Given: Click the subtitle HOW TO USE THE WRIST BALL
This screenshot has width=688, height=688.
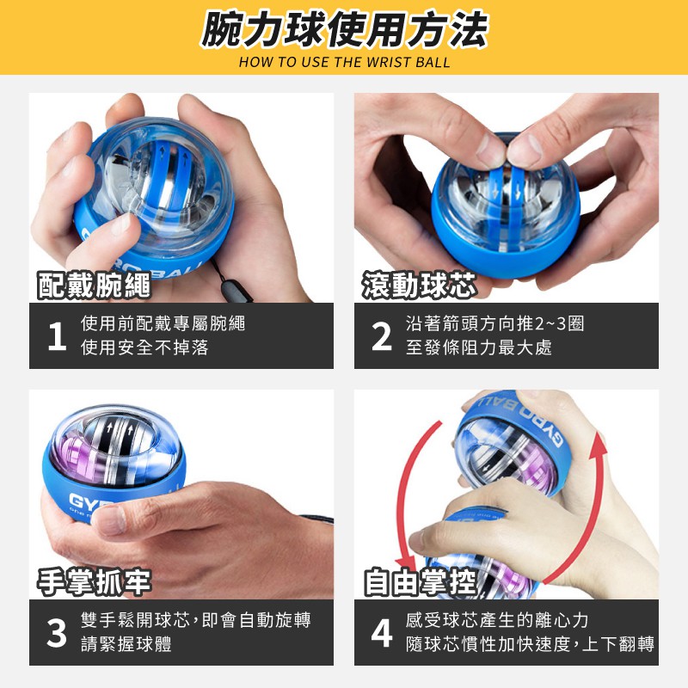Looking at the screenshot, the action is [x=345, y=62].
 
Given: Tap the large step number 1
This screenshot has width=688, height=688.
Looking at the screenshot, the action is [x=57, y=336].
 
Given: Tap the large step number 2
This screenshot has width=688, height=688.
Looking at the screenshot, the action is [x=381, y=336].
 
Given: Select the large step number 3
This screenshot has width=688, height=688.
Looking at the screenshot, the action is [x=57, y=633].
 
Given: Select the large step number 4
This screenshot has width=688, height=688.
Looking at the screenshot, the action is [x=382, y=633].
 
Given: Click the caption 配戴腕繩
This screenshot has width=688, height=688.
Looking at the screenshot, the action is [x=94, y=286].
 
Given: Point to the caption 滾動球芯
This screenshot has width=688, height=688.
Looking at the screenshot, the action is [x=420, y=286].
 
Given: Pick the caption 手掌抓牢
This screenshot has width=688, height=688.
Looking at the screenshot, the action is [x=94, y=582].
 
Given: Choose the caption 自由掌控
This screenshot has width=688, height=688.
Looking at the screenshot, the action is [x=420, y=582].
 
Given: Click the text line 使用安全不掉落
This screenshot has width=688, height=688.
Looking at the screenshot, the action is [x=144, y=347].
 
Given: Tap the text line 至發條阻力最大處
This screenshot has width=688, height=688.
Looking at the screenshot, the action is [x=479, y=347].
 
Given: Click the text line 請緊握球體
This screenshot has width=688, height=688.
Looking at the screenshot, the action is [x=126, y=644].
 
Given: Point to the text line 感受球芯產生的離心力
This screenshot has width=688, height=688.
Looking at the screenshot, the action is [x=497, y=620].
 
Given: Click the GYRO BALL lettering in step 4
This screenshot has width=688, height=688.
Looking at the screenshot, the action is [x=520, y=417].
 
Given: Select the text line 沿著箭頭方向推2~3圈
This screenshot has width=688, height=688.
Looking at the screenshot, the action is [x=495, y=323].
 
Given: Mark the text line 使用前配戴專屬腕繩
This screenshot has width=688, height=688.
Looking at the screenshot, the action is [x=163, y=323].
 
